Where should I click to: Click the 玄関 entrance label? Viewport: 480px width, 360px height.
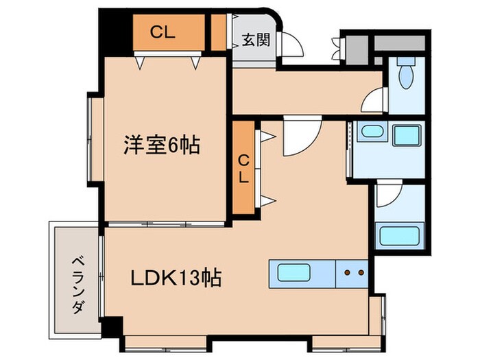[255, 40]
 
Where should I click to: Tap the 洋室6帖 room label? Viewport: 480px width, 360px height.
[162, 145]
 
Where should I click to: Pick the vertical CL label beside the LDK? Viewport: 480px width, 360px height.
[243, 167]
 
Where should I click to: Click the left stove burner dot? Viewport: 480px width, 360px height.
[347, 273]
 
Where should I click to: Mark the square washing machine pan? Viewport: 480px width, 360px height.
[407, 134]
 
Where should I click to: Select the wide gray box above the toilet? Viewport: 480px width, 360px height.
[400, 42]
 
